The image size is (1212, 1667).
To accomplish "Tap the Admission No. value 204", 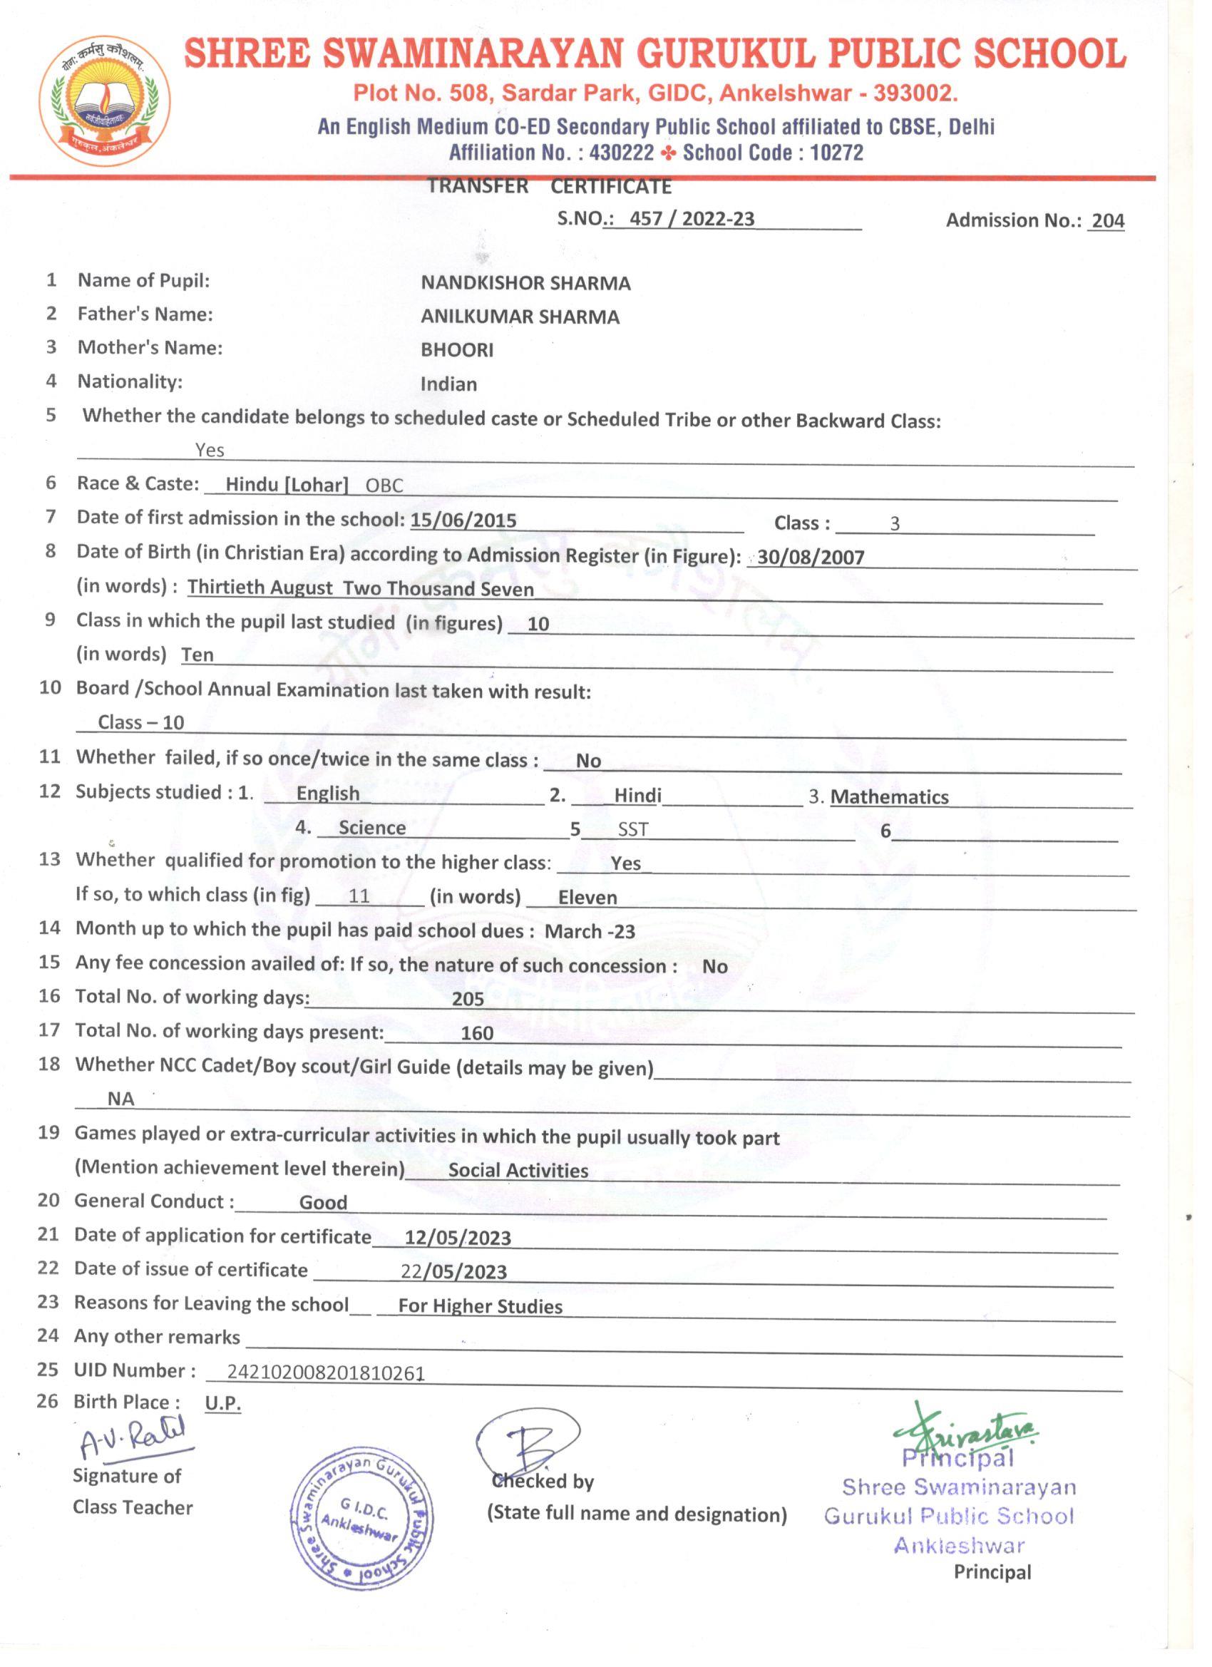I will tap(1108, 221).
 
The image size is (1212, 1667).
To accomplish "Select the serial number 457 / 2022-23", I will tap(692, 219).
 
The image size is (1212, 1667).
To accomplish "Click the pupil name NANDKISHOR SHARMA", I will tap(525, 283).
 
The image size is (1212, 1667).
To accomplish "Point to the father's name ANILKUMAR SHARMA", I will tap(520, 317).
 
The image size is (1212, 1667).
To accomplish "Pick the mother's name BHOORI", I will tap(456, 350).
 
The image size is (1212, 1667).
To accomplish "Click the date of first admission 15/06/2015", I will tap(463, 520).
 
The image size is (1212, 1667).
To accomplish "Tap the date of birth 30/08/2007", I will tap(811, 556).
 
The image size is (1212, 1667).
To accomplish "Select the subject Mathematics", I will tap(889, 796).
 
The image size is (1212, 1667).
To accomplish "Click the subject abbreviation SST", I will tap(633, 830).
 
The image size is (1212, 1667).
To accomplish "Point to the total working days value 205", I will tap(468, 999).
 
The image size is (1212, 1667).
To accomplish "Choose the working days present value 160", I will tap(477, 1033).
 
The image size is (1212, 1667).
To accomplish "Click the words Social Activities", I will tap(518, 1170).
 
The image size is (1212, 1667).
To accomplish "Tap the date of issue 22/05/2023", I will tap(453, 1271).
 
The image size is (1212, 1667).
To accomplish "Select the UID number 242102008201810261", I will tap(326, 1373).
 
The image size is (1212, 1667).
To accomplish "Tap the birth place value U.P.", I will tap(222, 1403).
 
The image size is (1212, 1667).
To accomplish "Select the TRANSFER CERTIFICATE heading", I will tap(550, 187).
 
